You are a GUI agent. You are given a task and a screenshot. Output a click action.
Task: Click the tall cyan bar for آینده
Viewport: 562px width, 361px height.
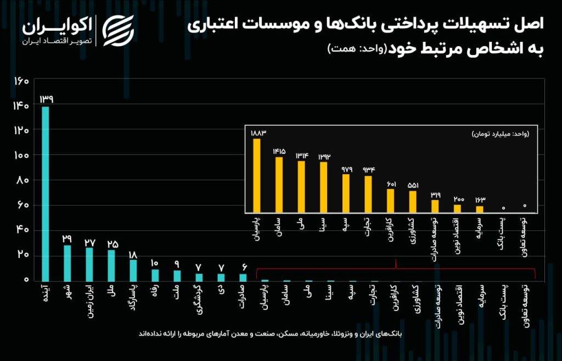[46, 193]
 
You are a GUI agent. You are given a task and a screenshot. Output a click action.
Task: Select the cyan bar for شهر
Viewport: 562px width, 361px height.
[67, 263]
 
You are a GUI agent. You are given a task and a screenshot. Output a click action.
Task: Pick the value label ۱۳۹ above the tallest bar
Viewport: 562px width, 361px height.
[46, 99]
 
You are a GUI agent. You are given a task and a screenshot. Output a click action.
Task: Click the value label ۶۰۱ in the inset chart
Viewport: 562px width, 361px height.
[391, 184]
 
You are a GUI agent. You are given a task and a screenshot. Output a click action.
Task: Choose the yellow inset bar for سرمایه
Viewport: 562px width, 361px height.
[480, 209]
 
